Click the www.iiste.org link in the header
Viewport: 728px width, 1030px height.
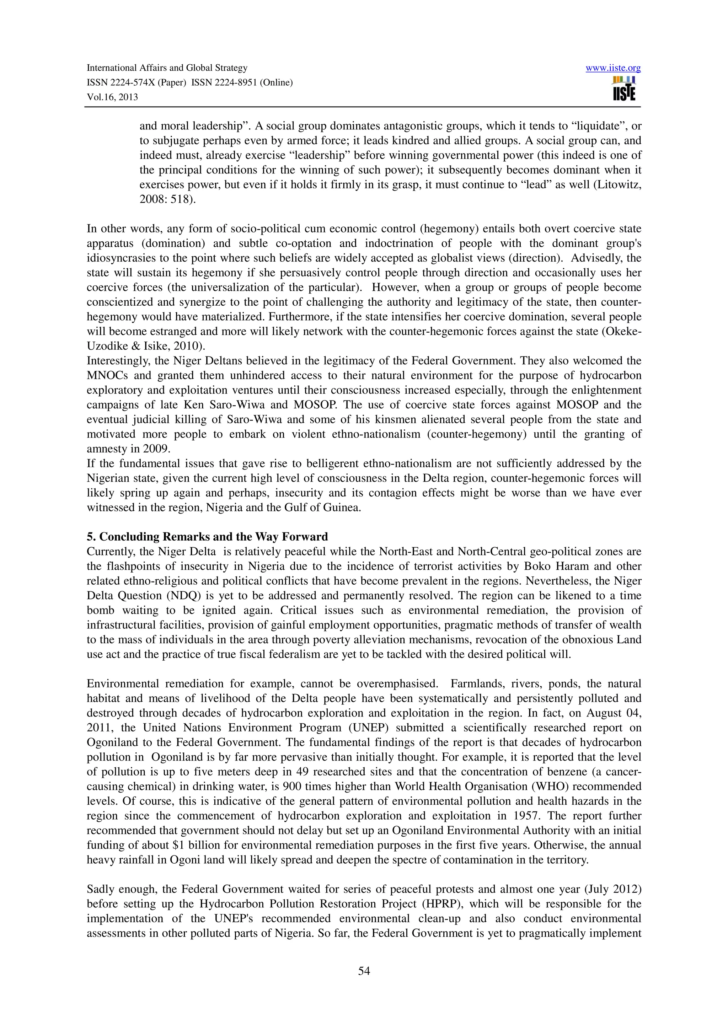tap(613, 68)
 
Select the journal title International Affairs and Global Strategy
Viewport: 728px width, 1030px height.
tap(167, 68)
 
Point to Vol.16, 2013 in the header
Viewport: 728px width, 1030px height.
tap(112, 97)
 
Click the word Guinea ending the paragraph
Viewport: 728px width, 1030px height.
tap(344, 508)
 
